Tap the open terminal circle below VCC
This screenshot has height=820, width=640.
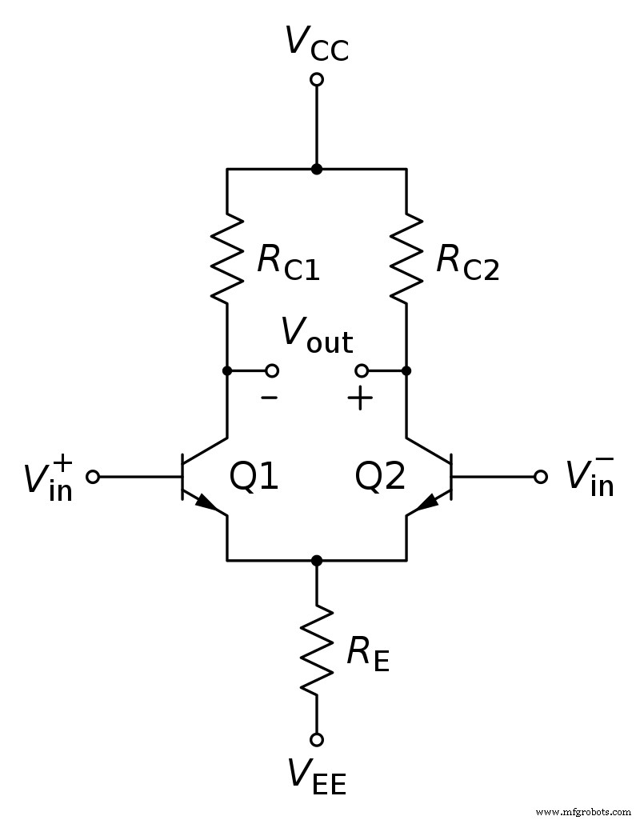pyautogui.click(x=317, y=79)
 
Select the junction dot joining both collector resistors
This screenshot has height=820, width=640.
pyautogui.click(x=317, y=169)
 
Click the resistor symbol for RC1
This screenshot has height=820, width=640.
pyautogui.click(x=228, y=258)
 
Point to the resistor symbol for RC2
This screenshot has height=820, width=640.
pyautogui.click(x=406, y=258)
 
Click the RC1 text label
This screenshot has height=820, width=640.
pyautogui.click(x=288, y=263)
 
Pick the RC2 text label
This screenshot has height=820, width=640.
pyautogui.click(x=467, y=263)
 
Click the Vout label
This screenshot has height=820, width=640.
pyautogui.click(x=316, y=337)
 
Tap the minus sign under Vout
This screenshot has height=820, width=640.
pyautogui.click(x=270, y=397)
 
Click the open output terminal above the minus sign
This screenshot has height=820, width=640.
pyautogui.click(x=272, y=370)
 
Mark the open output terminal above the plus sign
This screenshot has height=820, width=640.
pyautogui.click(x=362, y=370)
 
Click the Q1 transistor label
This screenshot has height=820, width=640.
pyautogui.click(x=254, y=477)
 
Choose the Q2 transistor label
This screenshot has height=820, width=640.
pyautogui.click(x=380, y=477)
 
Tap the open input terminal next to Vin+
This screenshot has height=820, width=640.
pyautogui.click(x=93, y=477)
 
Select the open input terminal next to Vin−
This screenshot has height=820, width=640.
pyautogui.click(x=541, y=477)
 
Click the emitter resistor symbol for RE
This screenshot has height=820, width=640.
pyautogui.click(x=317, y=649)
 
